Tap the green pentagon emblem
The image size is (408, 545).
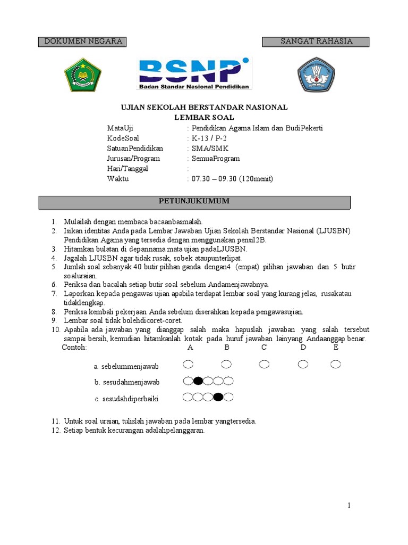(83, 75)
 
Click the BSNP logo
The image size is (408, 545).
(195, 73)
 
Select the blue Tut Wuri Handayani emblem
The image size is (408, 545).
(316, 75)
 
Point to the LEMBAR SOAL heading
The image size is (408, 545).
(205, 117)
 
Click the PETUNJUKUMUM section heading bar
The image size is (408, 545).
(194, 202)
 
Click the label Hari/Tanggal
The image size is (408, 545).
(127, 169)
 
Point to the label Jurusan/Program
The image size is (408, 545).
(133, 159)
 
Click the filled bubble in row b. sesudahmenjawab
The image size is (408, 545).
(198, 381)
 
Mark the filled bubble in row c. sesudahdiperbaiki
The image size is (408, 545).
(218, 397)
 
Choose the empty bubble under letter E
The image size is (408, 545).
(335, 365)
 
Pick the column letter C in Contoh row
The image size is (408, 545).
(264, 348)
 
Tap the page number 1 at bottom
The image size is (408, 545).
(348, 506)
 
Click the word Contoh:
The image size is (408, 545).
(74, 348)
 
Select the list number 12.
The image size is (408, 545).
(56, 431)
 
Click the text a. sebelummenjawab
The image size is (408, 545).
(126, 367)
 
